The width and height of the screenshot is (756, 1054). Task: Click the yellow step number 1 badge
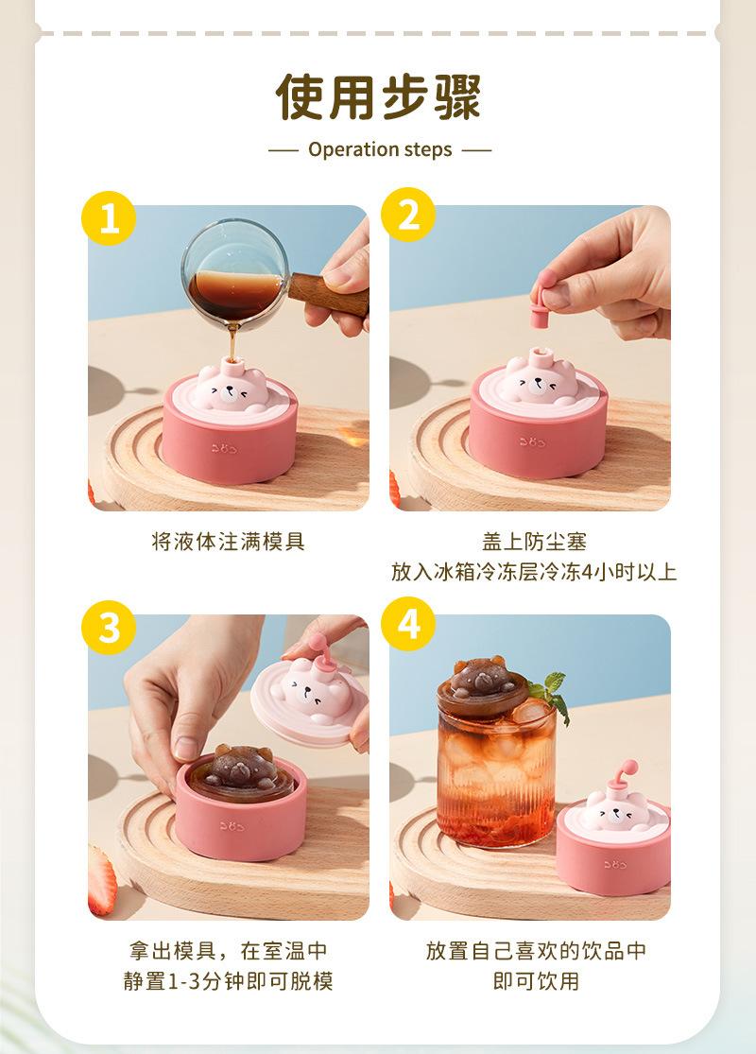click(109, 218)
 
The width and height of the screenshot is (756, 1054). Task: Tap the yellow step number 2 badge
click(408, 215)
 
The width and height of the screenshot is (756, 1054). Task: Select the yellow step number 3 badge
click(109, 627)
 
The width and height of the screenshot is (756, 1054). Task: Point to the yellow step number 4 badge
click(408, 623)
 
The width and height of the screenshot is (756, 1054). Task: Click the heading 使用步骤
click(378, 97)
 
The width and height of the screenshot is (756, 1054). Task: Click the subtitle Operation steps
click(380, 149)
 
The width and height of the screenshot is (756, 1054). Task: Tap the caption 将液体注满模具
click(229, 541)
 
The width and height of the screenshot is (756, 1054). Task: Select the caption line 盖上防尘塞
click(534, 541)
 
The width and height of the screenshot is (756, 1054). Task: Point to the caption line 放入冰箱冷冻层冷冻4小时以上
click(534, 571)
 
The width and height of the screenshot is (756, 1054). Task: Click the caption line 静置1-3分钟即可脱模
click(229, 980)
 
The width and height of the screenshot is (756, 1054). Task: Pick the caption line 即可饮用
click(536, 980)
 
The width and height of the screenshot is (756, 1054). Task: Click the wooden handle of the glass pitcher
click(329, 295)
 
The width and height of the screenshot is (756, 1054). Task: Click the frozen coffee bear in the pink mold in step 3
click(242, 769)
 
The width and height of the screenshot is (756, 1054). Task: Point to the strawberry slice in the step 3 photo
click(101, 880)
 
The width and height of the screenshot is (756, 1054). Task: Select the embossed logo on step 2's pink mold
click(532, 441)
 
